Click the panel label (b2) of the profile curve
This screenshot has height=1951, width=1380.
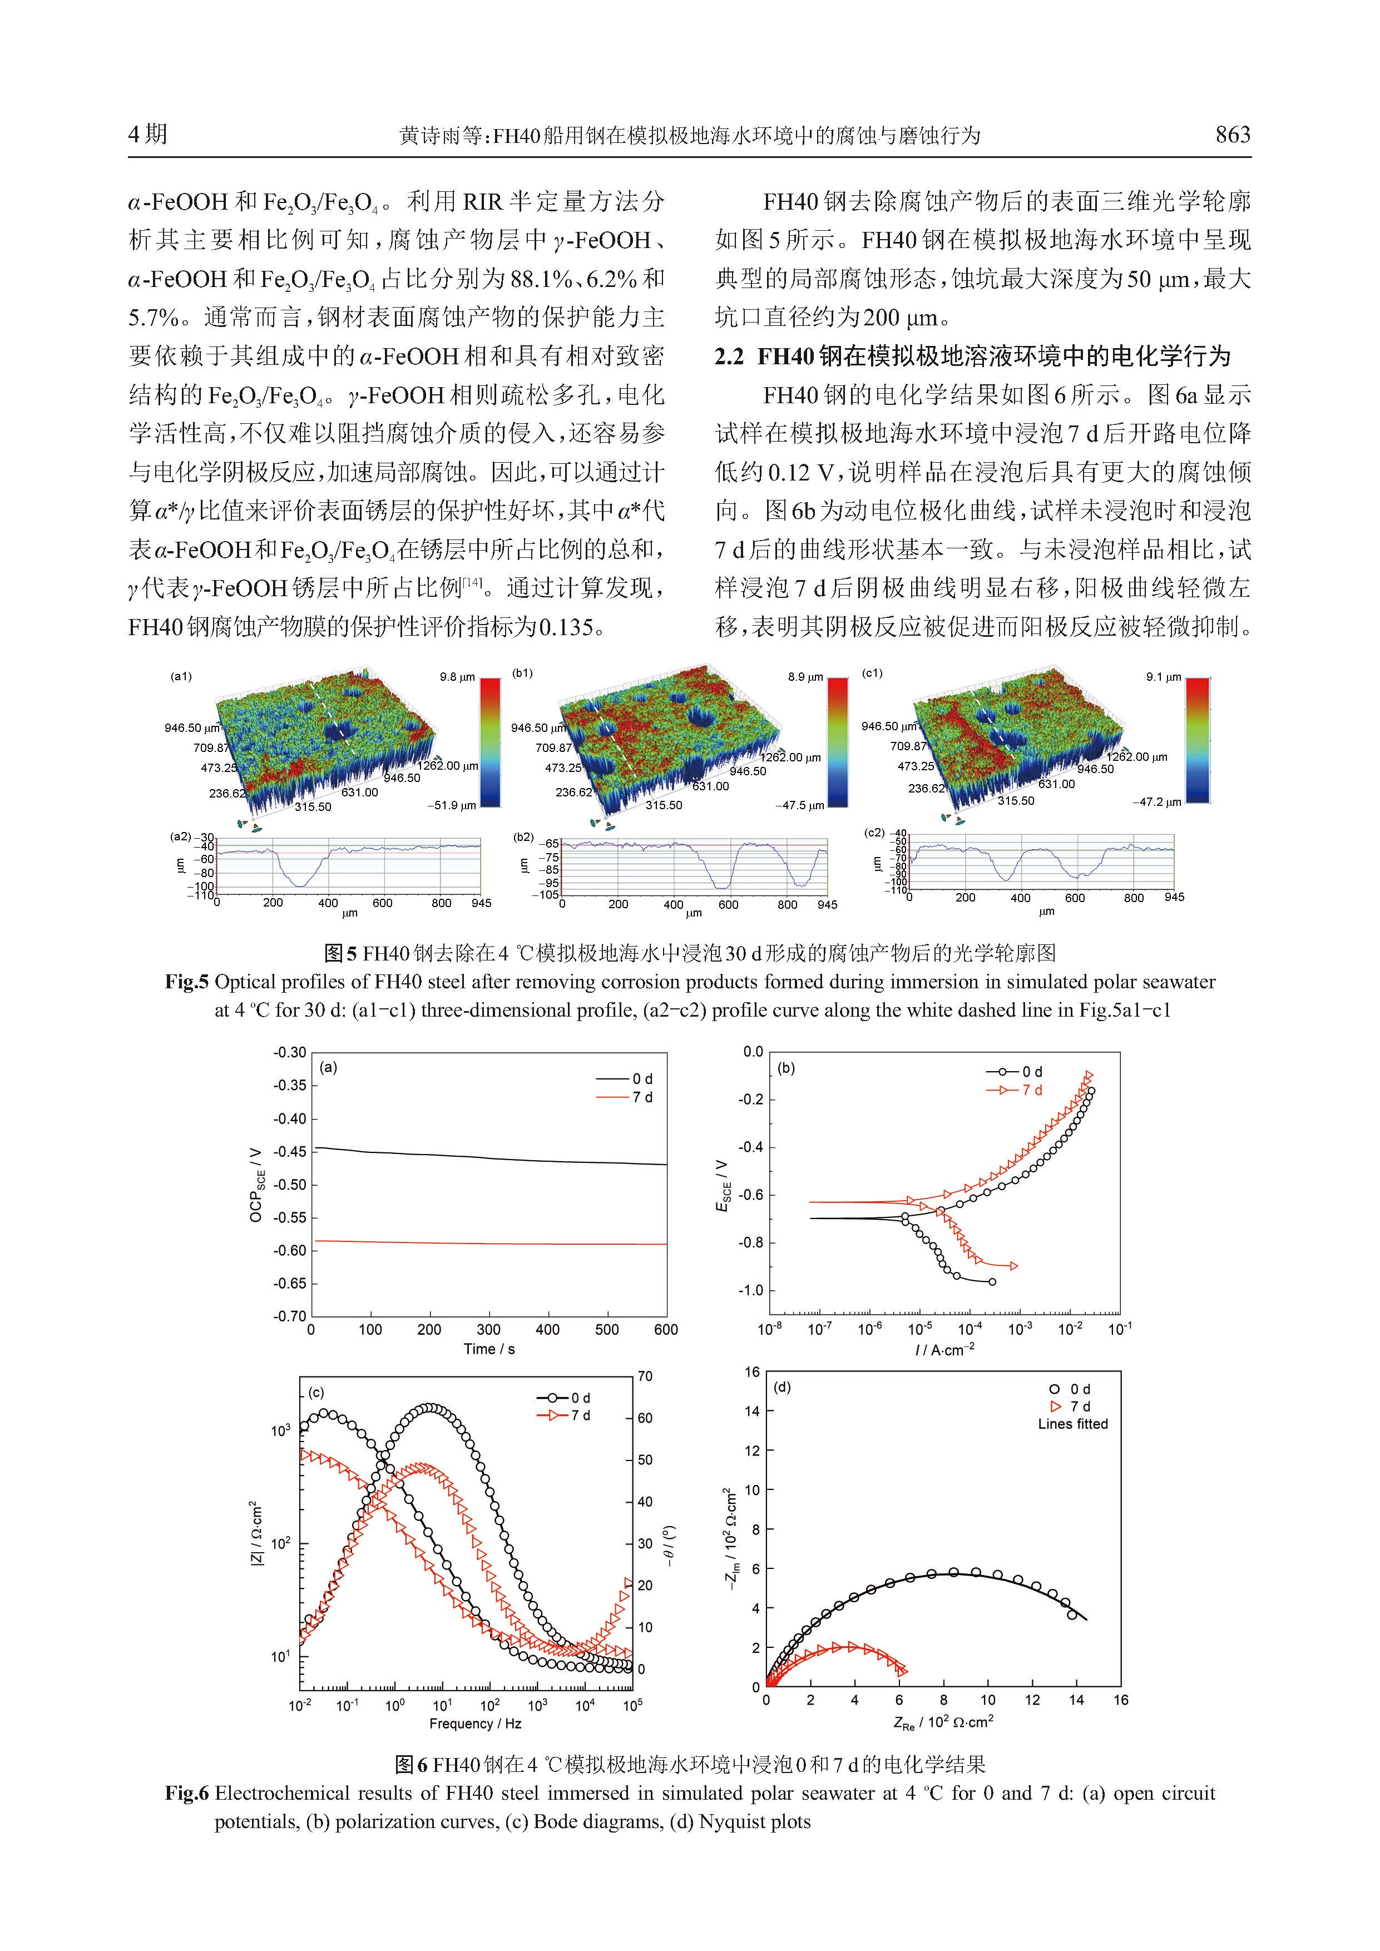[523, 837]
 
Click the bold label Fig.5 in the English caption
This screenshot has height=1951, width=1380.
[186, 982]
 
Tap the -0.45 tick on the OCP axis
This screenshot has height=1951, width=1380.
[290, 1152]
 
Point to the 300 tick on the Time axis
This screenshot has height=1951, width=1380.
[488, 1330]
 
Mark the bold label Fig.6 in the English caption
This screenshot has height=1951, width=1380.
[186, 1794]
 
